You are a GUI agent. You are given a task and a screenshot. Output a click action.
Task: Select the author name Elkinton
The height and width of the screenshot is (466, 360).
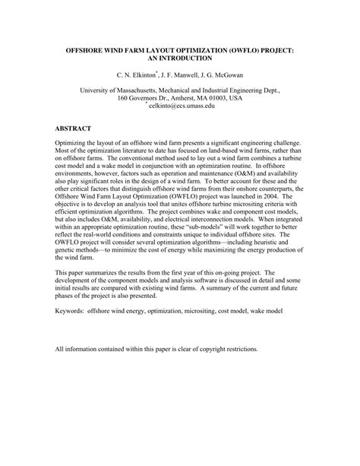pyautogui.click(x=144, y=76)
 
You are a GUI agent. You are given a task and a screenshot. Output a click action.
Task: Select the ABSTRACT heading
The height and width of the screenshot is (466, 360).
pyautogui.click(x=74, y=128)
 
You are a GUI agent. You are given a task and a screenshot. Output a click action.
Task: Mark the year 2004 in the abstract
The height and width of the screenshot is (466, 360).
pyautogui.click(x=271, y=196)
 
